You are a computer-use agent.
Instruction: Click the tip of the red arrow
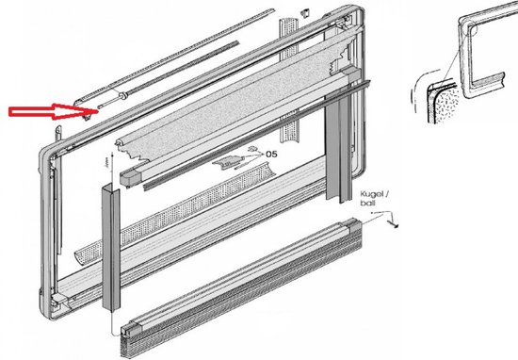[98, 111]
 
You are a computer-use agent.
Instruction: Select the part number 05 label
[271, 154]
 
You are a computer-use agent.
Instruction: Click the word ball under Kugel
[368, 203]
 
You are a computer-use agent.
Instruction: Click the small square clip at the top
[304, 13]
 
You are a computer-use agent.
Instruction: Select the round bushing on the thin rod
[124, 95]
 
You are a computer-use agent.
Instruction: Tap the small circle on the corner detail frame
[473, 30]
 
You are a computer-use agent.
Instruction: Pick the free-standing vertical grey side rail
[111, 248]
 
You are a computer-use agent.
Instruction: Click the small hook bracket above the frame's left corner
[58, 134]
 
